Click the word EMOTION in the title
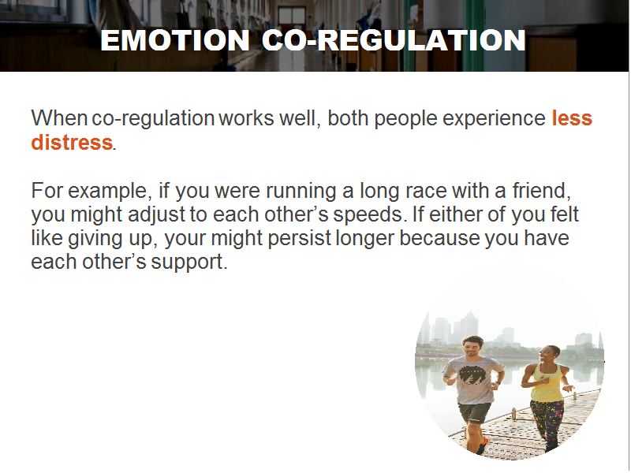click(x=175, y=40)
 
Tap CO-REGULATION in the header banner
click(x=394, y=40)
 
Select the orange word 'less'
click(x=572, y=117)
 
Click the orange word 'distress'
click(x=72, y=142)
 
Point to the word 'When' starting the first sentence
click(x=59, y=117)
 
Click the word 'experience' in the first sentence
click(x=494, y=119)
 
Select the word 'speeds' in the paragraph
click(x=367, y=215)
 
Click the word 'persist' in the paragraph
click(x=299, y=239)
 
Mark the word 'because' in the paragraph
click(x=439, y=238)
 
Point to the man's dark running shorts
click(x=475, y=412)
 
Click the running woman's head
click(x=548, y=354)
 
